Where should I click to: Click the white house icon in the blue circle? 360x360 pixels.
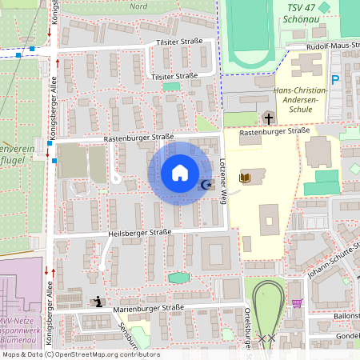tap(179, 173)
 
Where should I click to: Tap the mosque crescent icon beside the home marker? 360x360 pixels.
tap(206, 185)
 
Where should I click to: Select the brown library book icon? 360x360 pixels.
tap(245, 177)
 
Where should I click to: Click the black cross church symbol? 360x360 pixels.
tap(268, 118)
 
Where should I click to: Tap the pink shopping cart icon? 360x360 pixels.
tap(298, 302)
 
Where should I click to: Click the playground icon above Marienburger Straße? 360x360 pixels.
tap(98, 302)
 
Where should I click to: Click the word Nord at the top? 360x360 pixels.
tap(138, 6)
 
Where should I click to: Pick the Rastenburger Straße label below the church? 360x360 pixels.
tap(274, 130)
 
